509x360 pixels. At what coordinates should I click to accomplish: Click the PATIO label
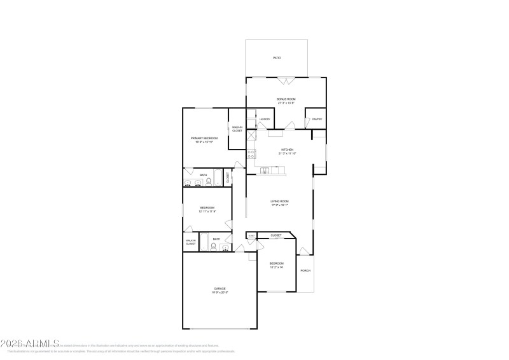(277, 58)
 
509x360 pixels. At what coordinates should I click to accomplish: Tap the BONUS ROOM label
(286, 99)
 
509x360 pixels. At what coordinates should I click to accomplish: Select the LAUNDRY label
(264, 120)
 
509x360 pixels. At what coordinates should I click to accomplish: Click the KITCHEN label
(287, 150)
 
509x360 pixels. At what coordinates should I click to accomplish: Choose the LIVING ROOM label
(280, 202)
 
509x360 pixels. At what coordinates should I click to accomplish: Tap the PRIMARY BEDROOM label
(204, 138)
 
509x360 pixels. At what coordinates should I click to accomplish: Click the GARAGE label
(220, 289)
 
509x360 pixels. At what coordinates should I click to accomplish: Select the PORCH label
(305, 270)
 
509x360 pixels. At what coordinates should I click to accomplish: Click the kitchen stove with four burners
(251, 154)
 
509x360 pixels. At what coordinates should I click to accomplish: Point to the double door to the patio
(286, 81)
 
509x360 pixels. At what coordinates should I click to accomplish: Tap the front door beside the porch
(305, 251)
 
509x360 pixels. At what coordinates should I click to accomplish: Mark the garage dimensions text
(220, 293)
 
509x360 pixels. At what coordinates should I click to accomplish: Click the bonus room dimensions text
(286, 103)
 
